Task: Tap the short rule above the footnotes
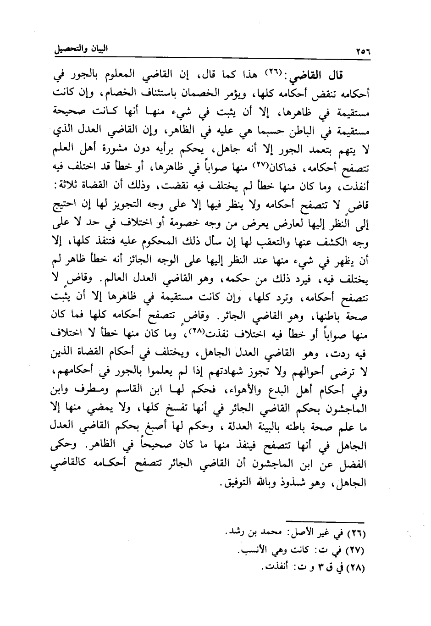[x=326, y=521]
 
